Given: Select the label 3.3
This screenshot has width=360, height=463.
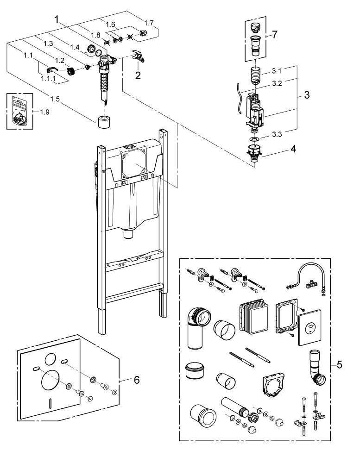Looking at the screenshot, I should click(x=278, y=135).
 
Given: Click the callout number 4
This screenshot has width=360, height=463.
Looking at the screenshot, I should click(x=294, y=149).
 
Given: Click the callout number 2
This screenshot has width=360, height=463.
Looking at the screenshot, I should click(x=138, y=76).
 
